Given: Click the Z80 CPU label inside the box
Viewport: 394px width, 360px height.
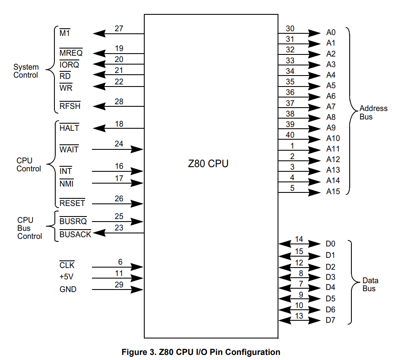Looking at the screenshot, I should point(208,164).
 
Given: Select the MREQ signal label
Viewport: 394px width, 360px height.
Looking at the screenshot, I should point(71,54).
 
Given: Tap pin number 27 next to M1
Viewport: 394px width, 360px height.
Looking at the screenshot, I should point(119,29).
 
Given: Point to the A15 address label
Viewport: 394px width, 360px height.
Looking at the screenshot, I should point(333,192).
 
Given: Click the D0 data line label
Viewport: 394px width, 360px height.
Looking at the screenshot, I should point(330,244).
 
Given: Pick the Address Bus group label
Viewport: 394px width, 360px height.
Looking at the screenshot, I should point(373,113).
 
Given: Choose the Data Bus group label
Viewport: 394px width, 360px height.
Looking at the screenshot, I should point(370,284).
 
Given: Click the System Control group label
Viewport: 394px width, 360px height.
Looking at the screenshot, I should point(26,71).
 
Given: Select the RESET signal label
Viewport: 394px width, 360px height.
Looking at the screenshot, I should point(72,203).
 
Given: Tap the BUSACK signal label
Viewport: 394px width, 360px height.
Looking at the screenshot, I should point(75,234).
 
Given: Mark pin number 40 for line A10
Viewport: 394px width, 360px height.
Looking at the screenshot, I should point(290,135).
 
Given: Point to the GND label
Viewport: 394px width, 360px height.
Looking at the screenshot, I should point(68,290).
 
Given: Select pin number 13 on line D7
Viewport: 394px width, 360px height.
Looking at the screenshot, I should point(299,316).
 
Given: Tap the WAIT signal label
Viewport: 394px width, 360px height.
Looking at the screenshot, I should point(69,150).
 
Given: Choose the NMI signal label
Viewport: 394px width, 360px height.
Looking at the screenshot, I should point(67,184).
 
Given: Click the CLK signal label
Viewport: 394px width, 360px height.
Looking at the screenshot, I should point(67,265).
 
